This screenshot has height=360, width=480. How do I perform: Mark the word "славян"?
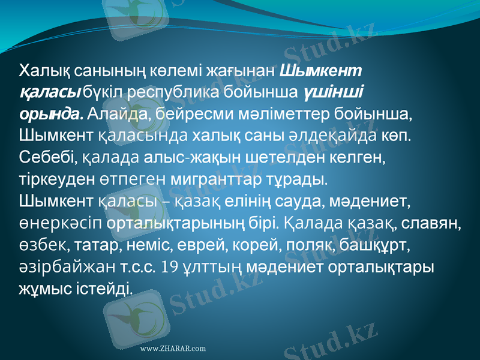tap(431, 223)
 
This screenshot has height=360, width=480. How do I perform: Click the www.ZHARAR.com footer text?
tap(173, 349)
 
